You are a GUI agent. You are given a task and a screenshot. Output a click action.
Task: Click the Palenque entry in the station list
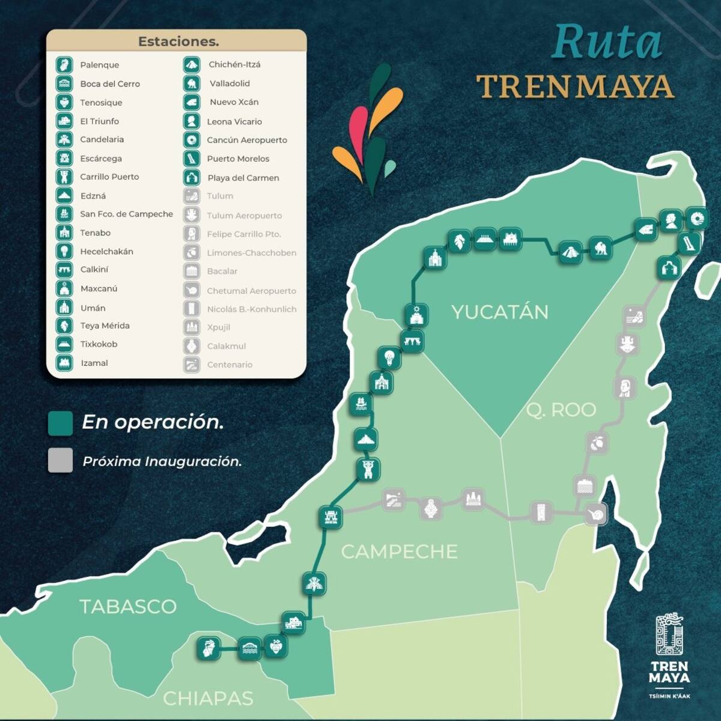(99, 65)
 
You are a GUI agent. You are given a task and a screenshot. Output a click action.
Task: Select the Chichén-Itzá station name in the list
(234, 64)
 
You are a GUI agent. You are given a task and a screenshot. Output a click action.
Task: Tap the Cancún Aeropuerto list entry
(246, 140)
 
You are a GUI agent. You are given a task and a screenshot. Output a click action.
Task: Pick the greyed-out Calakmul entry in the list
(226, 346)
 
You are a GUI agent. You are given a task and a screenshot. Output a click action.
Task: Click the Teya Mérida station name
(105, 326)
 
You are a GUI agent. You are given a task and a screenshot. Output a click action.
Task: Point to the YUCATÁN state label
(499, 312)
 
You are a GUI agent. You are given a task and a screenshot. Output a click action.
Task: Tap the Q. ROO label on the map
(561, 410)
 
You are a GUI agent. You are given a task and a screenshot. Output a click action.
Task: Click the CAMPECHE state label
(399, 552)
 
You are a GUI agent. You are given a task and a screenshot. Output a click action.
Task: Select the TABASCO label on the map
(127, 606)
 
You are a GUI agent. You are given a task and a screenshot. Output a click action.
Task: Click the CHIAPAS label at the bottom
(208, 698)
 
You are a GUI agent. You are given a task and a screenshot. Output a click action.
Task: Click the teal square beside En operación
(60, 423)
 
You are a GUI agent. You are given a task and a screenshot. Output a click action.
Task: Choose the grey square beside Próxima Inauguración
(60, 460)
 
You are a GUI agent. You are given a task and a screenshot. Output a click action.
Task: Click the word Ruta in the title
(607, 42)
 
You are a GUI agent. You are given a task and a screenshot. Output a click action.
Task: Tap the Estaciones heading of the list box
(178, 41)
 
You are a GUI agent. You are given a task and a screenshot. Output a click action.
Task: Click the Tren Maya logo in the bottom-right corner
(669, 655)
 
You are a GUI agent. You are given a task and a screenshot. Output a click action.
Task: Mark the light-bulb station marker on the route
(389, 358)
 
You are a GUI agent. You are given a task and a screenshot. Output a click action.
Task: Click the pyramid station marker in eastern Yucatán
(569, 252)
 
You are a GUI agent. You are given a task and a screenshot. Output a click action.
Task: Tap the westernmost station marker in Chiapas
(208, 649)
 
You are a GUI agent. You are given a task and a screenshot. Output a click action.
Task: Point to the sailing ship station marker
(360, 404)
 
